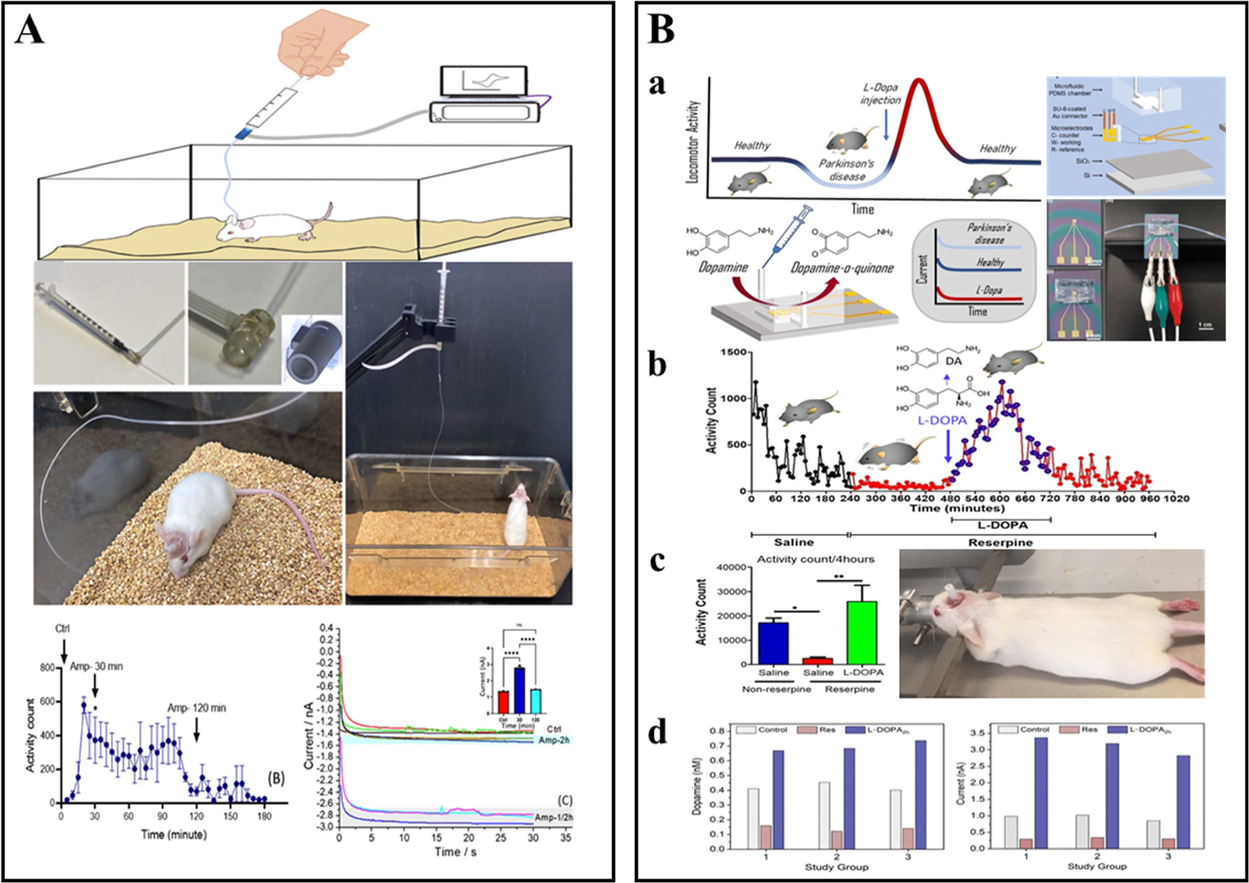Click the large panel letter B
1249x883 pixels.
[x=661, y=28]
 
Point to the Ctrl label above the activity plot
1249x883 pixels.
[x=62, y=629]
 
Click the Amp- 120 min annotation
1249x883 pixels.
[x=196, y=708]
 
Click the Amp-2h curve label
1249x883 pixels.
[x=553, y=740]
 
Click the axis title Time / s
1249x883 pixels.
[x=455, y=852]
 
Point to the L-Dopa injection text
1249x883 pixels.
[x=880, y=94]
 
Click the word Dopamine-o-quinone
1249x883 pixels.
[x=842, y=268]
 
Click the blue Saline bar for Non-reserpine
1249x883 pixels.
[x=773, y=643]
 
